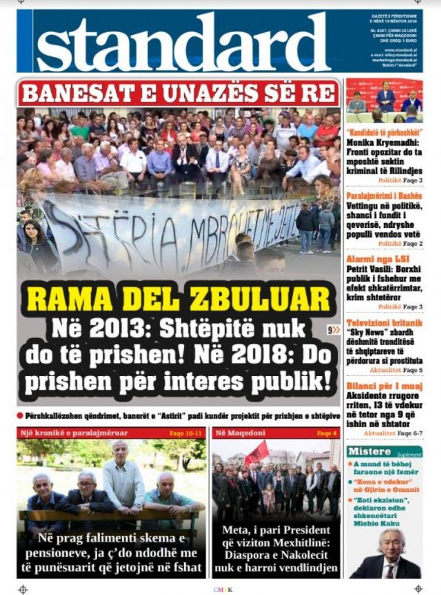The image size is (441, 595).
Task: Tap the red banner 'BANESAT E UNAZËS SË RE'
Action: [178, 92]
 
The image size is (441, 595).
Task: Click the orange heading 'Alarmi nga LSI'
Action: [369, 260]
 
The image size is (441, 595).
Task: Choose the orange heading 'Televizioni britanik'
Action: [384, 323]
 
